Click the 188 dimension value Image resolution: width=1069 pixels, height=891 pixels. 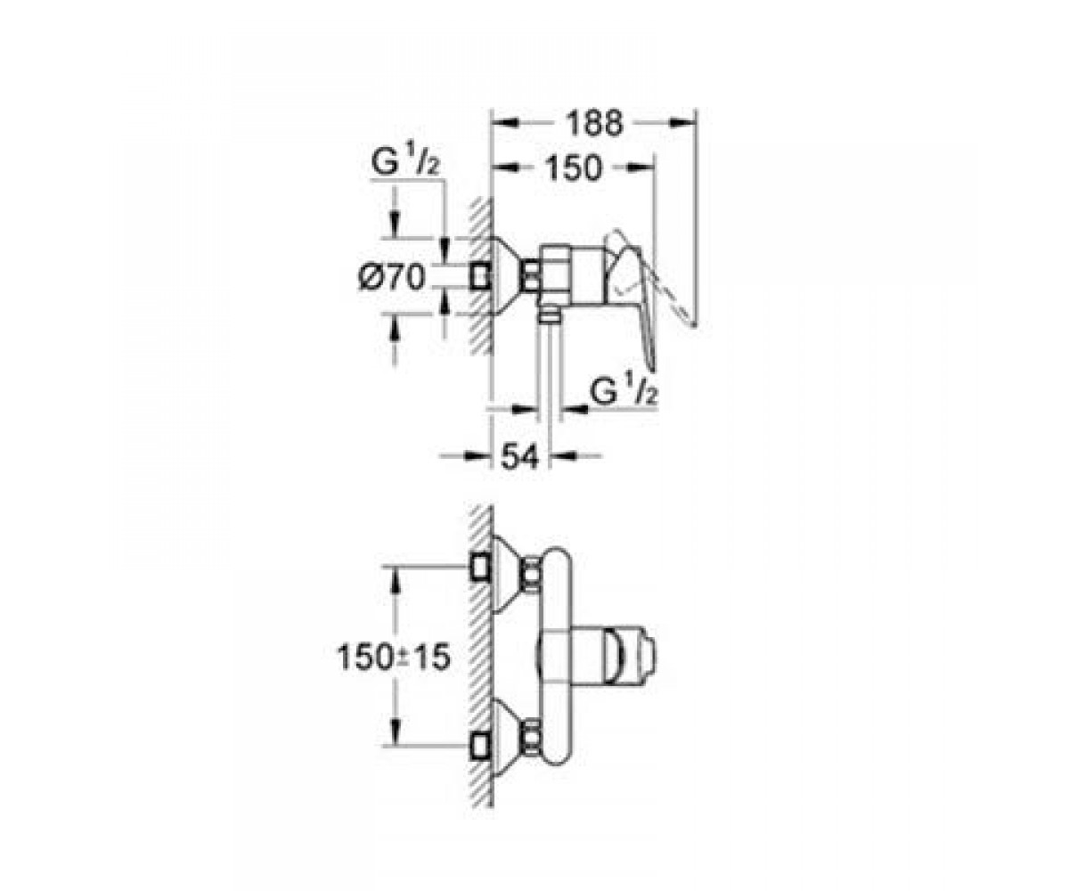point(594,123)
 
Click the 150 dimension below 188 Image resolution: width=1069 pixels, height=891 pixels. point(573,168)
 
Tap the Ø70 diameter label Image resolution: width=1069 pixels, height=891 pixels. point(392,277)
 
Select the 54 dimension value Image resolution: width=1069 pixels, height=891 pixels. point(519,455)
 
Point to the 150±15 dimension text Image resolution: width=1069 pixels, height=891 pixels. point(394,658)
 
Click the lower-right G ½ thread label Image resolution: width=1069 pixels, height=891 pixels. point(623,393)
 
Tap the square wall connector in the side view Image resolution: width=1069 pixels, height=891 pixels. point(481,278)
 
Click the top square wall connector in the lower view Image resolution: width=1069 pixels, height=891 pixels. point(481,567)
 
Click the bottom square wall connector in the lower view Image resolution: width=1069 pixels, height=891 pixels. point(481,748)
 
